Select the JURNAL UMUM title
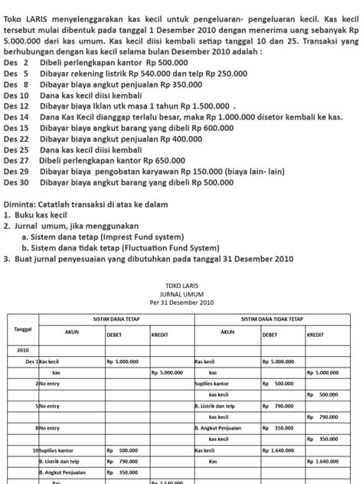[181, 293]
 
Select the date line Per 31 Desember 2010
[181, 302]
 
